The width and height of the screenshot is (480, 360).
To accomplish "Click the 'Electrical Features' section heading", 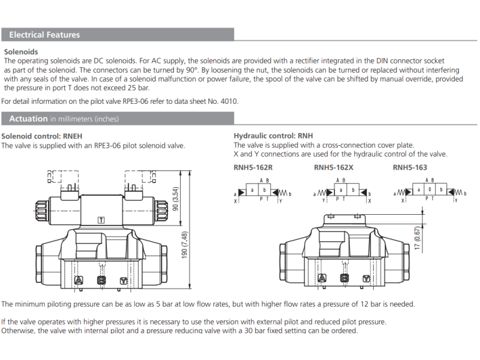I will (44, 35).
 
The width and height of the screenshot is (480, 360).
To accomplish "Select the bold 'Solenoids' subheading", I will (21, 52).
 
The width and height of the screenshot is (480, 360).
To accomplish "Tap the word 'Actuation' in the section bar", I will (28, 119).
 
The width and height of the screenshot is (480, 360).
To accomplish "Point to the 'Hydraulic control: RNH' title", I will (273, 136).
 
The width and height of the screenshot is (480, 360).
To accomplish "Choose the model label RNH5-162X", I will (334, 167).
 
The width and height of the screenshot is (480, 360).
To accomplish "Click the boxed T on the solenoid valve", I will (101, 220).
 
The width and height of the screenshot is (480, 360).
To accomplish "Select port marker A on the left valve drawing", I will (79, 280).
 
